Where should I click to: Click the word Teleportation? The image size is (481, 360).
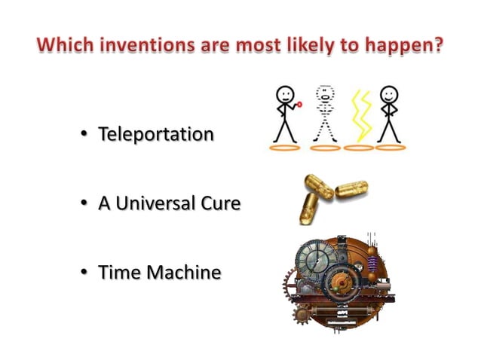(x=155, y=135)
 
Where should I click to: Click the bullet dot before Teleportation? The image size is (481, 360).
(x=85, y=136)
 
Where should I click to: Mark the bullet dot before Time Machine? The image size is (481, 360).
(x=85, y=273)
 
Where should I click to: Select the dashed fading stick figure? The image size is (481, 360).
(x=325, y=113)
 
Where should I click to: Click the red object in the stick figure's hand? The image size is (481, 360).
(x=299, y=105)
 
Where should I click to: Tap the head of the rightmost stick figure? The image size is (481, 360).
(x=389, y=95)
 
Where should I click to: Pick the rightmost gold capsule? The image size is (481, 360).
(x=351, y=189)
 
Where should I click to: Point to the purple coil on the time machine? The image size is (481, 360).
(x=371, y=265)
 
